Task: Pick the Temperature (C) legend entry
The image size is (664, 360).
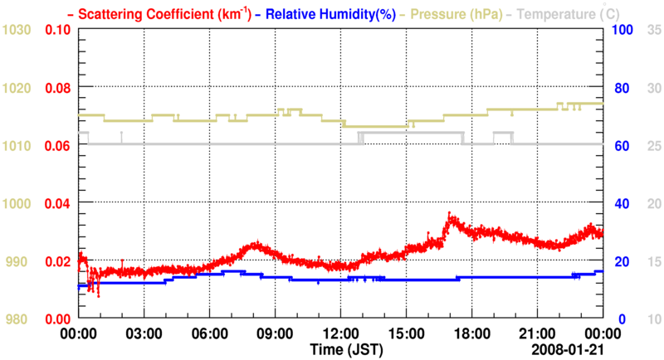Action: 564,13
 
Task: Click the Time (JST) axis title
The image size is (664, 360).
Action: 347,349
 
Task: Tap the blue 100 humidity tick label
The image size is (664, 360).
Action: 623,30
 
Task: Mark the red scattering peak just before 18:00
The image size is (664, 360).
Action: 450,215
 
